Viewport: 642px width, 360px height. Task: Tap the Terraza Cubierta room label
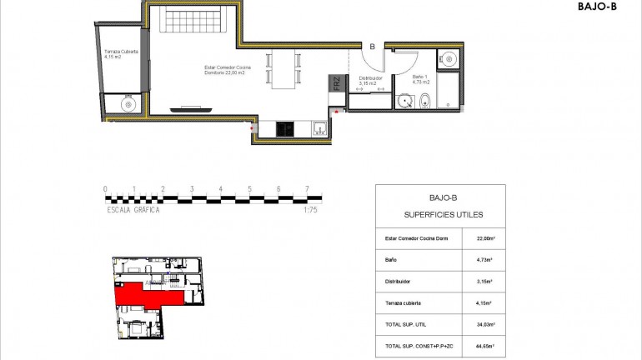[x=122, y=54]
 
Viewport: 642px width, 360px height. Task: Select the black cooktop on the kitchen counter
[x=285, y=128]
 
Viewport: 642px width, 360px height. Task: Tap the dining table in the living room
[x=283, y=68]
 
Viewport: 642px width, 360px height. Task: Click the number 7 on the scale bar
[x=308, y=188]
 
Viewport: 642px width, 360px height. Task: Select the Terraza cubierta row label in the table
[x=403, y=303]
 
